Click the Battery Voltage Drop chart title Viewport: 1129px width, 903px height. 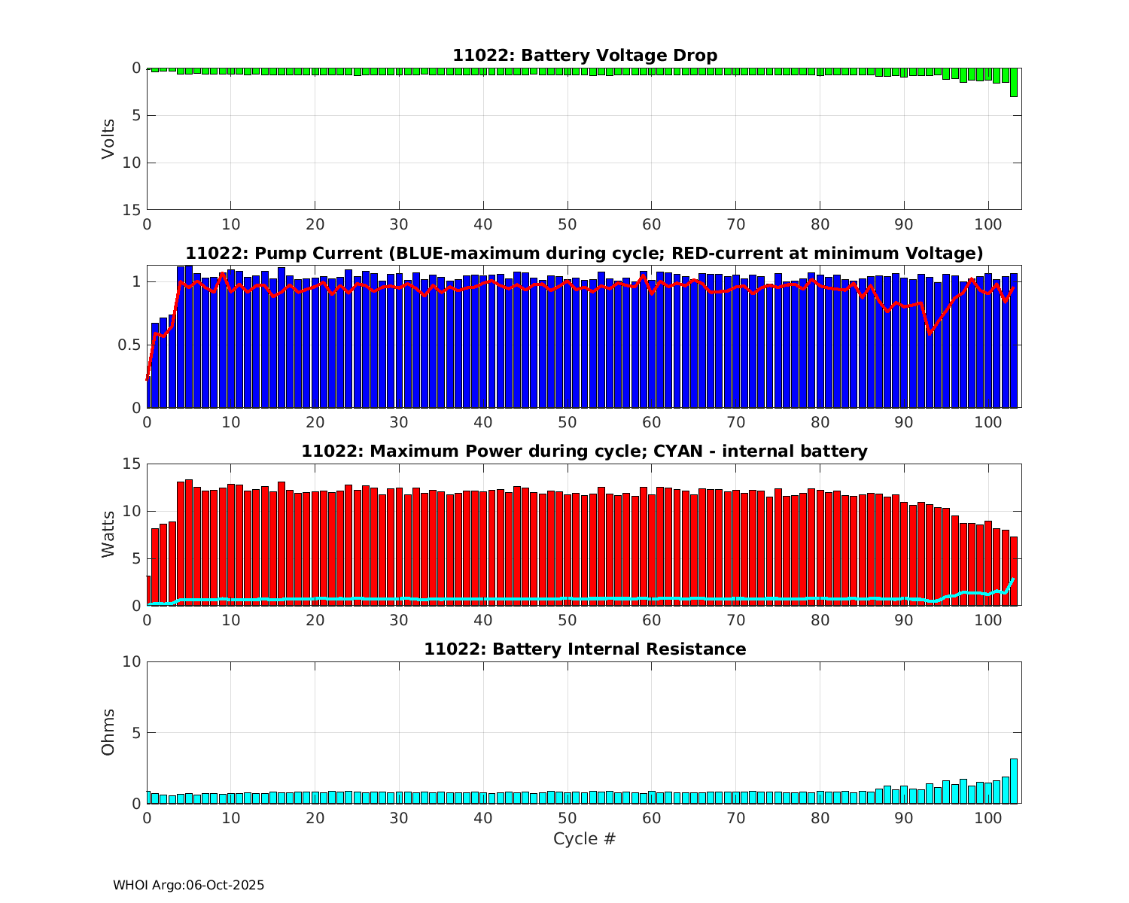pos(585,56)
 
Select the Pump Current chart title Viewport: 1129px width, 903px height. pos(585,253)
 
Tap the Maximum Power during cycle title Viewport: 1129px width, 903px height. pos(585,451)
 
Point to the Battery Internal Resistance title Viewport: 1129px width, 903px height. pos(585,649)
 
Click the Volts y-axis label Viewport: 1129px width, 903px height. pos(109,138)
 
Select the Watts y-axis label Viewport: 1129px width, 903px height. pos(109,534)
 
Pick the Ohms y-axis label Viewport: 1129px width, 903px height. pos(109,731)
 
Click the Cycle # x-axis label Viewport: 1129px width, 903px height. pos(585,839)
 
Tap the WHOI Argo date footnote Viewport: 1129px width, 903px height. pos(189,886)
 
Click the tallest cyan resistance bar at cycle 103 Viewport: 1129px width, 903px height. pos(1014,781)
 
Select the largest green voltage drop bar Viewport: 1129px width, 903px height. pos(1014,82)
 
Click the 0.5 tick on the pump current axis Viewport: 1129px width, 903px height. pos(130,345)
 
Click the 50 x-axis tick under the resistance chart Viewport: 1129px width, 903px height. pos(567,818)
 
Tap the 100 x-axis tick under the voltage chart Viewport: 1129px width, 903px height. pos(987,224)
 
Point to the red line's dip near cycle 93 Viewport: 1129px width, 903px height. pos(930,332)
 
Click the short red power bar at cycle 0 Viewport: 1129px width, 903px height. pos(148,591)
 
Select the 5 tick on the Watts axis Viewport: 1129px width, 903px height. pos(136,558)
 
